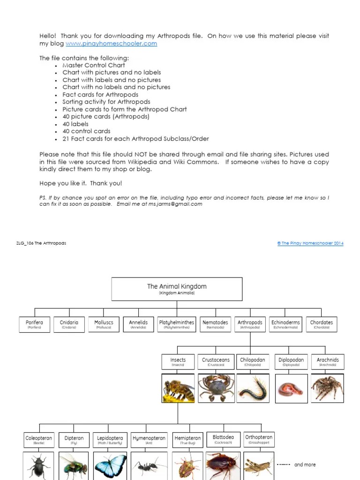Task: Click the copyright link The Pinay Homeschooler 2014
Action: tap(310, 243)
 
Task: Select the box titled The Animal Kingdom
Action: tap(177, 289)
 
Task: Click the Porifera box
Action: tap(34, 324)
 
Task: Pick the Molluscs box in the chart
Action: tap(104, 324)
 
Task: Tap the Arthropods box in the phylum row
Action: tap(250, 324)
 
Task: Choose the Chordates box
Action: tap(322, 324)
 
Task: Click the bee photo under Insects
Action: tap(178, 389)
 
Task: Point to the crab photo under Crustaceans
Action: tap(216, 389)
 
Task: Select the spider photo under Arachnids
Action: tap(327, 389)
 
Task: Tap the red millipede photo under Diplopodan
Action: tap(291, 389)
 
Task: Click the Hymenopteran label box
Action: tap(149, 440)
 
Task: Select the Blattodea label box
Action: tap(223, 439)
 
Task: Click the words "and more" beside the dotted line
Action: tap(305, 465)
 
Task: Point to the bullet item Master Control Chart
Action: tap(94, 65)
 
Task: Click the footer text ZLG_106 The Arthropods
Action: tap(41, 243)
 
